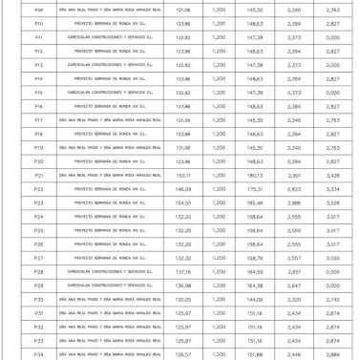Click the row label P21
click(x=38, y=176)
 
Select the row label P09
click(x=38, y=9)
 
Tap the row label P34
click(x=38, y=354)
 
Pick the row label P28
click(x=38, y=271)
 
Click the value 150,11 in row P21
click(x=183, y=176)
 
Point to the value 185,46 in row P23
click(x=254, y=203)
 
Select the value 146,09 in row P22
click(x=183, y=189)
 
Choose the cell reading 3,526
click(x=332, y=203)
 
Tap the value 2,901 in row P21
click(x=294, y=176)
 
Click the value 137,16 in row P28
click(x=183, y=271)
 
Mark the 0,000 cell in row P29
click(x=332, y=286)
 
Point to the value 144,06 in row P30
click(x=254, y=300)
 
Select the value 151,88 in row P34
click(x=254, y=354)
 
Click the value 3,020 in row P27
click(x=332, y=258)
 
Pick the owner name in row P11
click(x=110, y=36)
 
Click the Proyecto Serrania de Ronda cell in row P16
click(x=110, y=106)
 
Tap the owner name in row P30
click(x=110, y=300)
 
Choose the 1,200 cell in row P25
click(x=220, y=230)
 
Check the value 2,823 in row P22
click(x=294, y=189)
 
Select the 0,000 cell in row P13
click(x=332, y=65)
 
